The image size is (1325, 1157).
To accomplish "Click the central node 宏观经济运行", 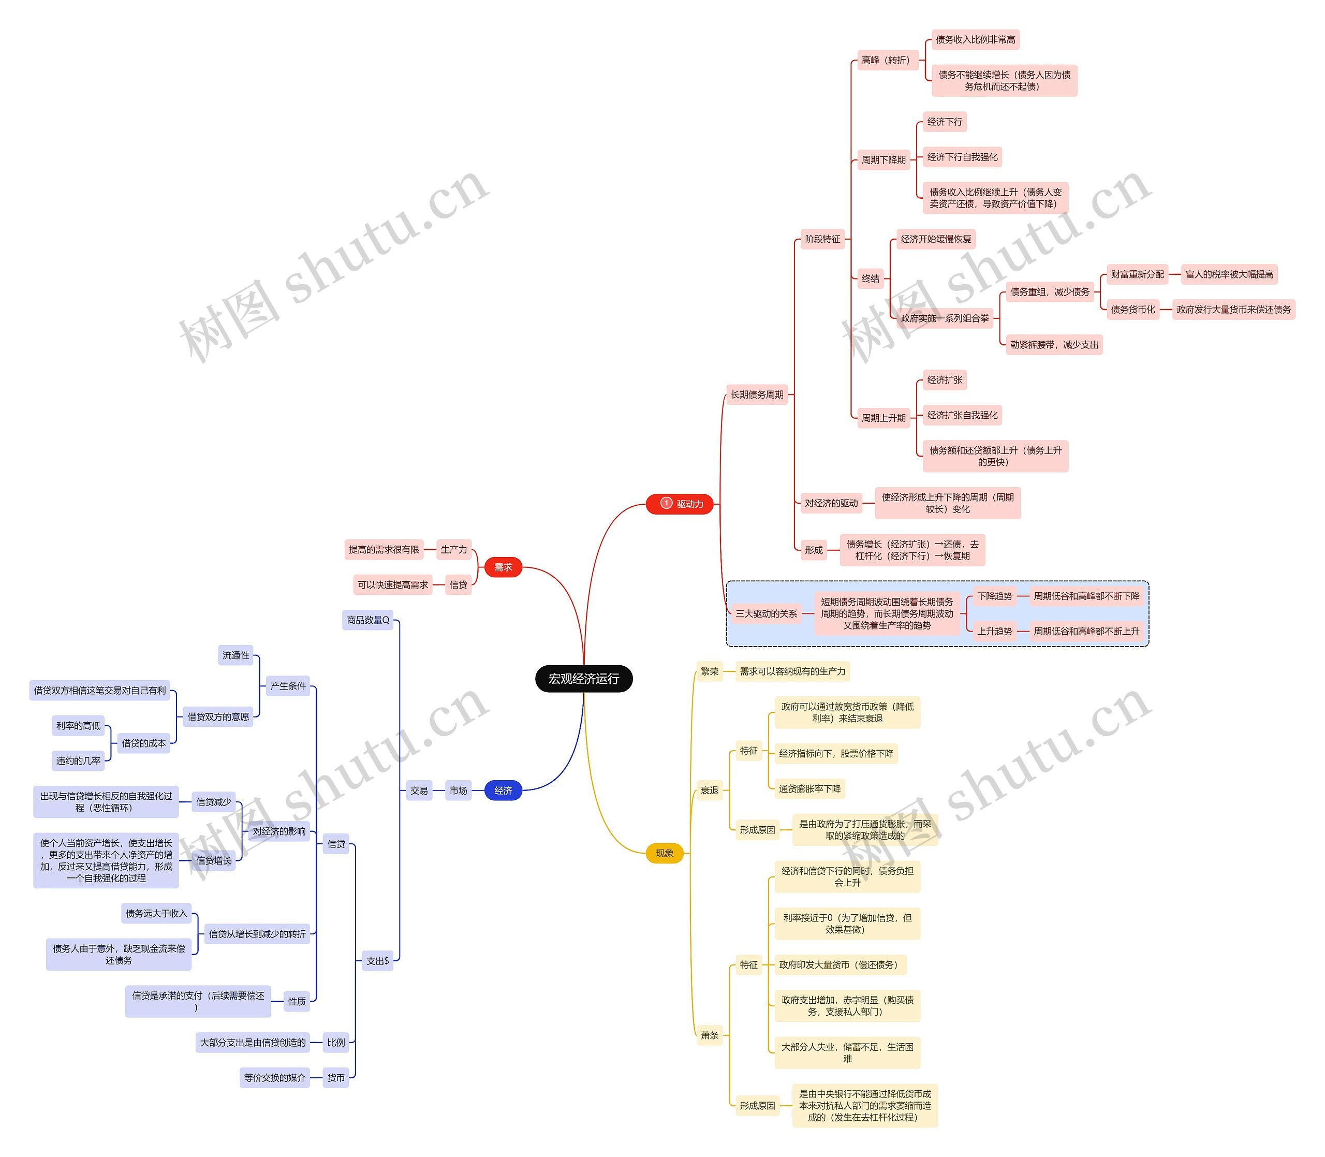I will click(583, 679).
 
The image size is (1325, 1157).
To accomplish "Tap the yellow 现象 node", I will click(664, 853).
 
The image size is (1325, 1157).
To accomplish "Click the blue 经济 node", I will click(503, 790).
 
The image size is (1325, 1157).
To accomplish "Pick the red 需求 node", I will click(503, 567).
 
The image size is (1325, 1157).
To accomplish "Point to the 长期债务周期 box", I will click(756, 394).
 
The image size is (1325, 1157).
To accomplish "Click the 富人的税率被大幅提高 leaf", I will click(1229, 274).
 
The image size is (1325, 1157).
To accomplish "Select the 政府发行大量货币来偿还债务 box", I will click(1233, 309).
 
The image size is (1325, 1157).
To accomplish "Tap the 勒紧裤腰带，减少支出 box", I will click(1054, 345).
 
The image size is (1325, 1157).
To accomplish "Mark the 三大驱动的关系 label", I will click(766, 613).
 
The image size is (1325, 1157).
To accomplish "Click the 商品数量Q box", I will click(368, 620).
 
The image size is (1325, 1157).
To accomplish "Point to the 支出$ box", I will click(377, 961).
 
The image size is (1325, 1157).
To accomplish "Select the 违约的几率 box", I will click(78, 760).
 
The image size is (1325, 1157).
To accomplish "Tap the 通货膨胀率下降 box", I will click(809, 788).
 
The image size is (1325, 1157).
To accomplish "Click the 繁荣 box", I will click(709, 671).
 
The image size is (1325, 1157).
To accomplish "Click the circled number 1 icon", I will click(667, 503).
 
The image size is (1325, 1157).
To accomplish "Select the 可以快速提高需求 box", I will click(392, 584).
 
